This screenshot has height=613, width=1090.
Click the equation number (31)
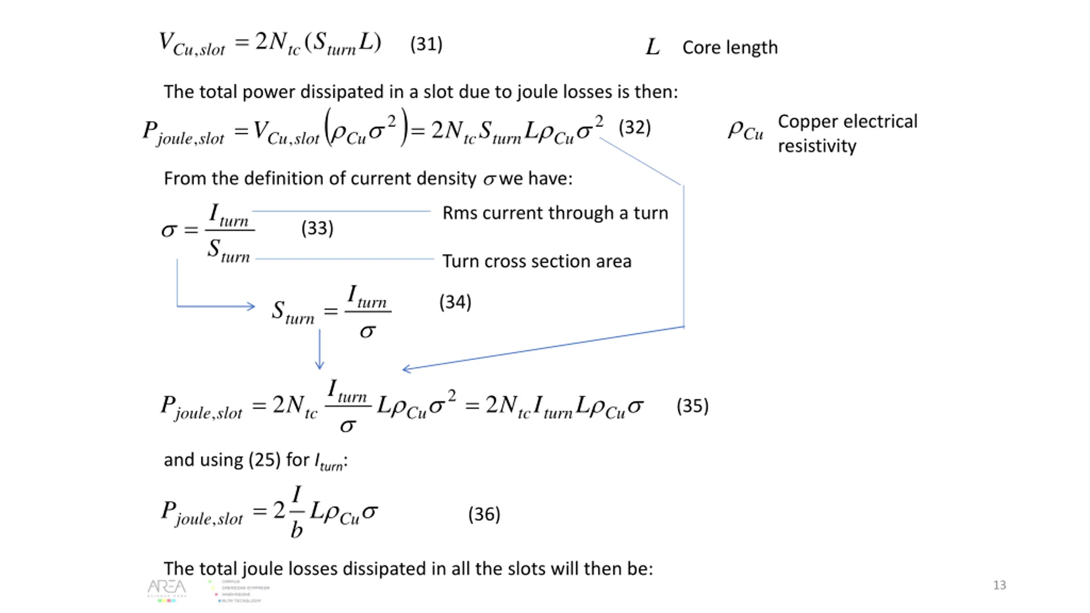click(426, 44)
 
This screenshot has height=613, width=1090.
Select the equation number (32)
click(634, 128)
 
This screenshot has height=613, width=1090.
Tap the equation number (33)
click(317, 229)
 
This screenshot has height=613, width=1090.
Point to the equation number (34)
click(455, 303)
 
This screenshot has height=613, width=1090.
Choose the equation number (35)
click(692, 406)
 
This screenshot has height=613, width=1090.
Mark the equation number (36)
click(484, 514)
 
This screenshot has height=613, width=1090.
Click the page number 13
click(999, 585)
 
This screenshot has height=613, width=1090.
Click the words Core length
click(730, 48)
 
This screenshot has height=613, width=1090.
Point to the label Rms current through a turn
click(555, 213)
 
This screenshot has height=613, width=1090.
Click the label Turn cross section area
click(536, 261)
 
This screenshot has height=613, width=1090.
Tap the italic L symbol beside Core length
click(652, 47)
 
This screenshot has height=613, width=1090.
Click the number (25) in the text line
click(264, 460)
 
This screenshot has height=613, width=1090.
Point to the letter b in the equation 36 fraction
click(296, 530)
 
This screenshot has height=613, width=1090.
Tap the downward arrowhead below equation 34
click(319, 366)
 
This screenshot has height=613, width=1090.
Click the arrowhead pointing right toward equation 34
click(251, 306)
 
